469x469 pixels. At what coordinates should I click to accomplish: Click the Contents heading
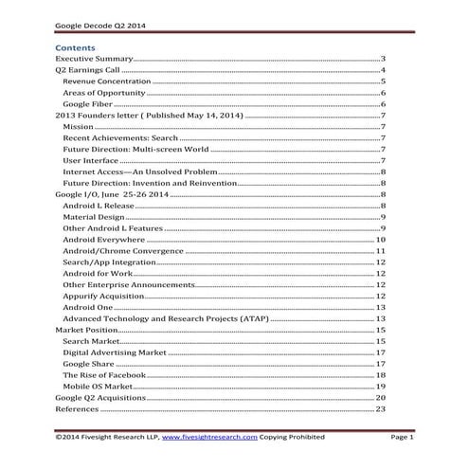point(75,45)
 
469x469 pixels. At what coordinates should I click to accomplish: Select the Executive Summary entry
point(93,59)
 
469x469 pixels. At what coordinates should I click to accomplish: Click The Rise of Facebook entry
point(103,375)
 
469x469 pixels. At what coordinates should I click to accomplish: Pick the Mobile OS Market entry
point(97,387)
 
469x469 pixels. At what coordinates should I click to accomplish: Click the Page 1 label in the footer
point(403,438)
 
